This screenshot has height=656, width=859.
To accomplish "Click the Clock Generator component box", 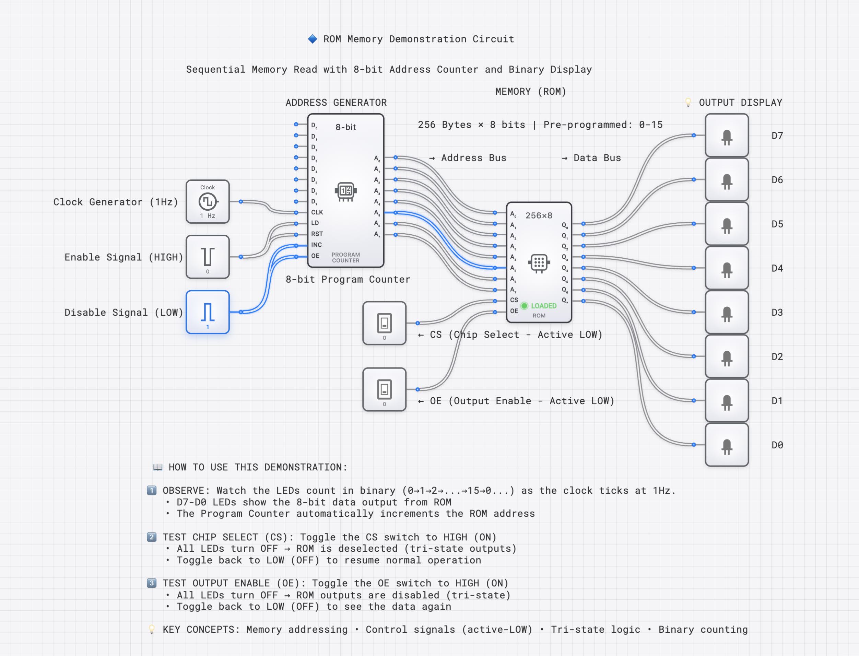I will pos(207,201).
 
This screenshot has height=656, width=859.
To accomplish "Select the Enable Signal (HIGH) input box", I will pos(207,257).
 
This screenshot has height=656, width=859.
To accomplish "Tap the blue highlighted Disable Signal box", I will pos(207,312).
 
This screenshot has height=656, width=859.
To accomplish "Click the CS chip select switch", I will pos(384,323).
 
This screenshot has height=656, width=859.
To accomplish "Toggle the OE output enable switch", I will pos(384,389).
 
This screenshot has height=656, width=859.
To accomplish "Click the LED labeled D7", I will pos(727,136).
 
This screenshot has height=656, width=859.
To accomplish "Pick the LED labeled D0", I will pos(727,445).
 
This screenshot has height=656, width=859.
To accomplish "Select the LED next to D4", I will pos(727,268).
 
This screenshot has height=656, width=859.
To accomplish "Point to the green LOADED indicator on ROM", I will pos(525,306).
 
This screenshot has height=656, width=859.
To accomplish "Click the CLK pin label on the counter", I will pos(317,212).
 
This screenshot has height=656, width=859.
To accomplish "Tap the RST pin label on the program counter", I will pos(317,234).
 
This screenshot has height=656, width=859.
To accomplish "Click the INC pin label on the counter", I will pos(316,245).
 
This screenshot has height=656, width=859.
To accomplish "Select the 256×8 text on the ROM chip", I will pos(539,215).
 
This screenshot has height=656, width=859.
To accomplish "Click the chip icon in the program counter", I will pos(345,191).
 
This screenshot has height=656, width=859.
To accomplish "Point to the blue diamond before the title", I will pos(313,39).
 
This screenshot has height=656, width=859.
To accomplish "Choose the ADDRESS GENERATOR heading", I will pos(336,103).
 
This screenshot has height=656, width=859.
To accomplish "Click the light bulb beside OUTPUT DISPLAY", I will pos(689,103).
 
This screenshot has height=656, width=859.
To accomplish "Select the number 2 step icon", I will pos(152,537).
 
